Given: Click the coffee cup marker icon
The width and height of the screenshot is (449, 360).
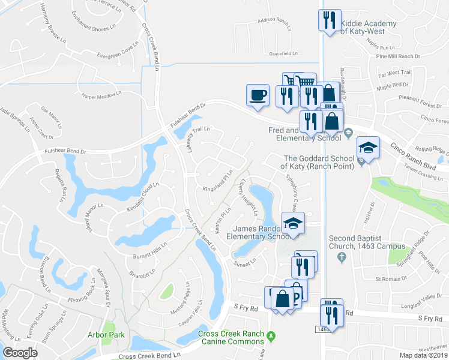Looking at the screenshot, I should (x=258, y=95).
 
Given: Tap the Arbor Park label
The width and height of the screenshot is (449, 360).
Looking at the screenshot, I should (x=105, y=335).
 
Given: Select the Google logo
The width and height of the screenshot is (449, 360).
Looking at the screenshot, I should (x=20, y=353).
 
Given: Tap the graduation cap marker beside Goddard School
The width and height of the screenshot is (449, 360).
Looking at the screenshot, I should (x=368, y=148).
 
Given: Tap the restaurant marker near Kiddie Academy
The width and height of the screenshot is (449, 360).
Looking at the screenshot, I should (x=329, y=21).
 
